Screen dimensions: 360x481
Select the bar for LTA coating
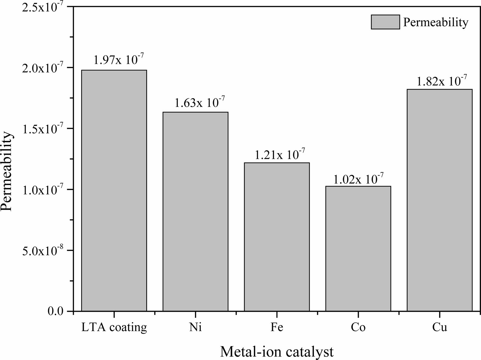pyautogui.click(x=114, y=191)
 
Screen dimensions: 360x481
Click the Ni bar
pyautogui.click(x=195, y=212)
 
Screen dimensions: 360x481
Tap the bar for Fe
pyautogui.click(x=277, y=237)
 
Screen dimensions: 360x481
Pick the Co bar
pyautogui.click(x=358, y=249)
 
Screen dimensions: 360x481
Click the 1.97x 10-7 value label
pyautogui.click(x=119, y=60)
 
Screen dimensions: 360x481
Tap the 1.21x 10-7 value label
pyautogui.click(x=280, y=154)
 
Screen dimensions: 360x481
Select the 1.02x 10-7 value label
pyautogui.click(x=358, y=179)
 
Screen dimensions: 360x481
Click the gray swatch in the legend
pyautogui.click(x=385, y=22)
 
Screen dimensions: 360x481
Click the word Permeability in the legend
pyautogui.click(x=436, y=22)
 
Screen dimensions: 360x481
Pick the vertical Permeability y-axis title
pyautogui.click(x=7, y=171)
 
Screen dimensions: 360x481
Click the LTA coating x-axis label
pyautogui.click(x=114, y=328)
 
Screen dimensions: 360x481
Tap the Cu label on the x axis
pyautogui.click(x=440, y=328)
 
